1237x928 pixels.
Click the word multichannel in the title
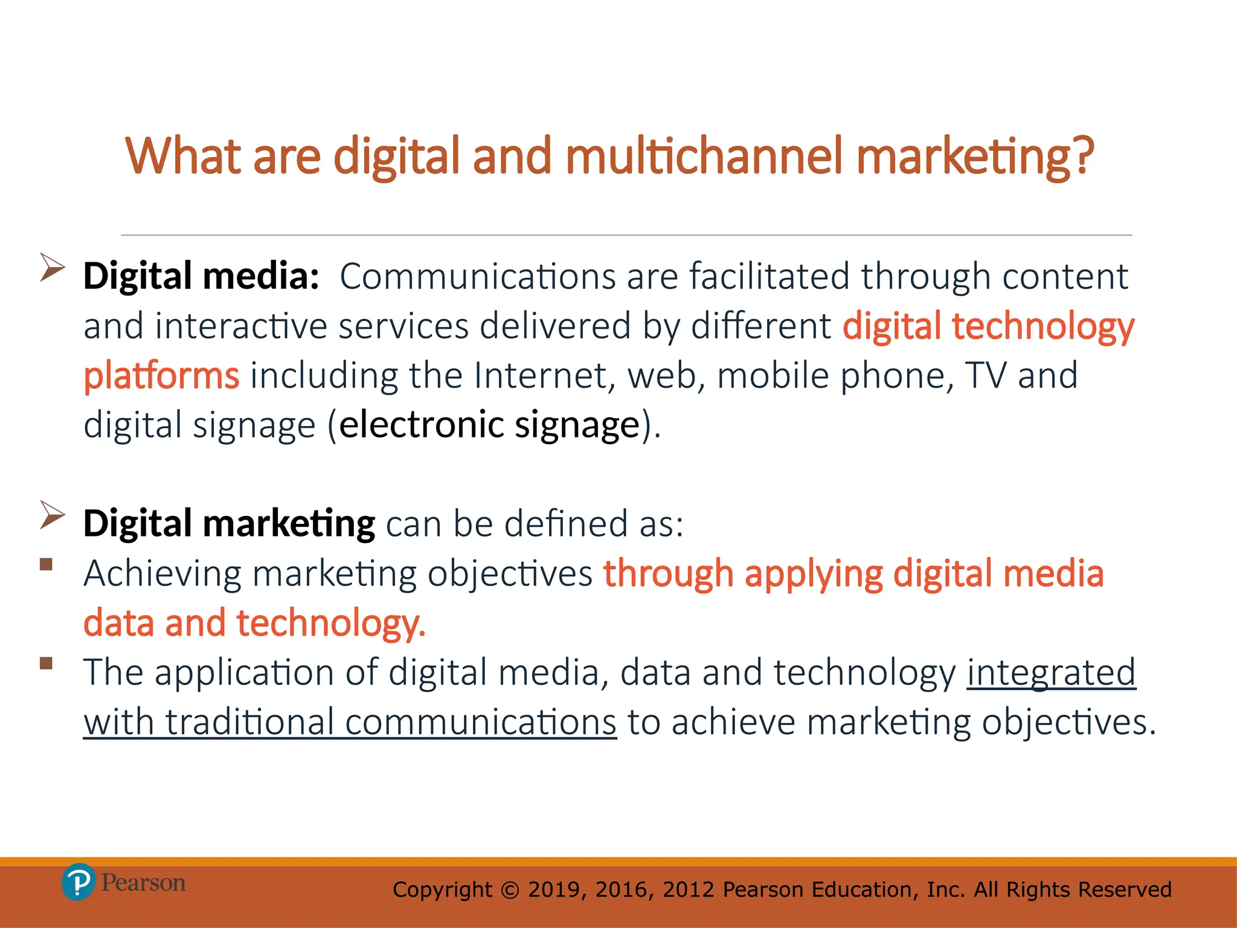pyautogui.click(x=703, y=155)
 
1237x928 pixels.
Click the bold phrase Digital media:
pyautogui.click(x=201, y=276)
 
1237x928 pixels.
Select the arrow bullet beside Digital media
pyautogui.click(x=52, y=267)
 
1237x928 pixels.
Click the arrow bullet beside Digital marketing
pyautogui.click(x=52, y=515)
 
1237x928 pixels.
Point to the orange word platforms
pyautogui.click(x=161, y=376)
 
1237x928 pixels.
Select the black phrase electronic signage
pyautogui.click(x=489, y=425)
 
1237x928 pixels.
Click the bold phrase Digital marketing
pyautogui.click(x=229, y=523)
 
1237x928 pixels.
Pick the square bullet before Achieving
pyautogui.click(x=47, y=565)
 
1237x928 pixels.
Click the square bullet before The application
pyautogui.click(x=47, y=663)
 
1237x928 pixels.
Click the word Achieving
pyautogui.click(x=162, y=573)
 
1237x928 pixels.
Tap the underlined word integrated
pyautogui.click(x=1051, y=672)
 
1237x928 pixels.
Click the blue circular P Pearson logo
pyautogui.click(x=78, y=882)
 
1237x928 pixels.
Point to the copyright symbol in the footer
pyautogui.click(x=510, y=890)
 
